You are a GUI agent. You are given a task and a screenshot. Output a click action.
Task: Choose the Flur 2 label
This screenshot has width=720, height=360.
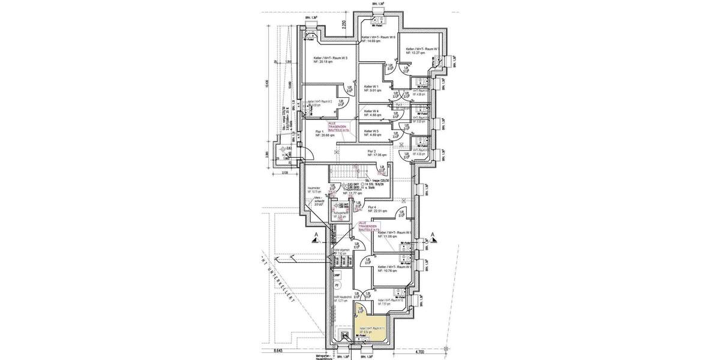coord(371,151)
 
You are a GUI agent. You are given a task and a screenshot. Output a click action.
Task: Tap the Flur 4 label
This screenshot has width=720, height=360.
coord(375,207)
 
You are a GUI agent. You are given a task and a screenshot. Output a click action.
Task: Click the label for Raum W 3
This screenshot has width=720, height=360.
coord(331,58)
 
